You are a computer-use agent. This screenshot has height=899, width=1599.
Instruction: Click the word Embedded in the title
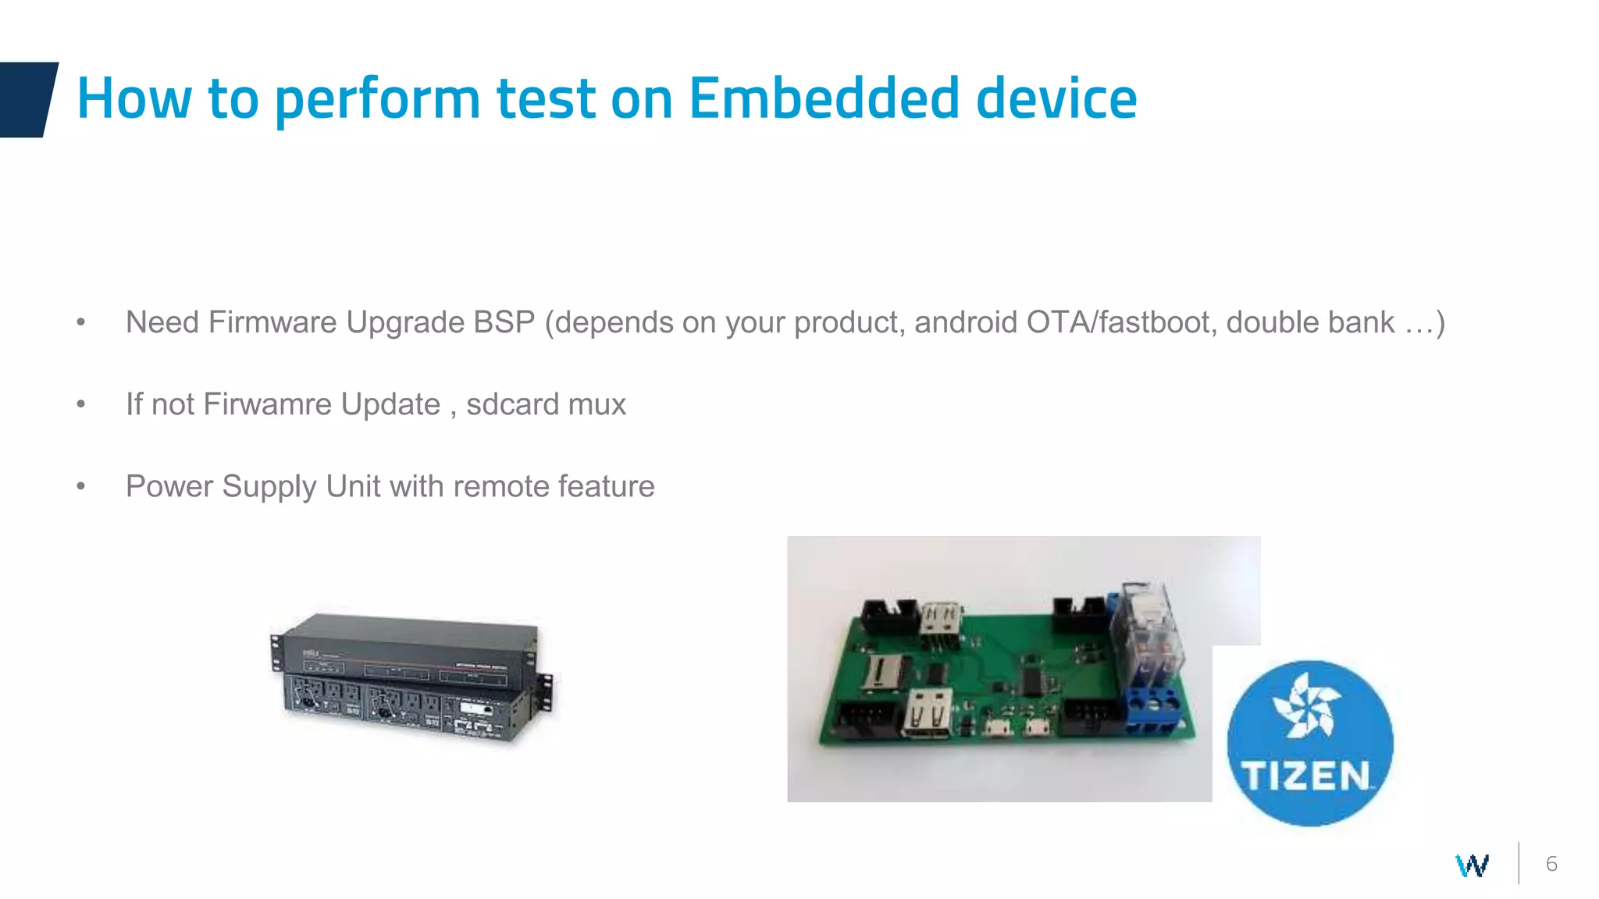(x=824, y=99)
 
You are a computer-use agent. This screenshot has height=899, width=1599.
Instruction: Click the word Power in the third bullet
(x=169, y=486)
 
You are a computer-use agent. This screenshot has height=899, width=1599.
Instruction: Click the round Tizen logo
(x=1309, y=743)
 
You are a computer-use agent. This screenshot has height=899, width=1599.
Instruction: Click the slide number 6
(x=1551, y=864)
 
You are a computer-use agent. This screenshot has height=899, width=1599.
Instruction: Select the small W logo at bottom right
(x=1472, y=865)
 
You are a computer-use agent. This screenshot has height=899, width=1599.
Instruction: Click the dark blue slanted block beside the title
(x=27, y=99)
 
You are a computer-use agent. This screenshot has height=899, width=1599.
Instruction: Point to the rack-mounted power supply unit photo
(x=411, y=677)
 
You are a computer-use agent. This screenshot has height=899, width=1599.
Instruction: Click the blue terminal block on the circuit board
(x=1153, y=709)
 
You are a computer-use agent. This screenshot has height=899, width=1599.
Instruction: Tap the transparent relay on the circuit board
(x=1148, y=632)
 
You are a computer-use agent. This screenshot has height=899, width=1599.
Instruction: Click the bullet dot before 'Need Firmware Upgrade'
(x=81, y=322)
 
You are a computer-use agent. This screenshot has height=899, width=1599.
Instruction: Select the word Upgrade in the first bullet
(x=405, y=322)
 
